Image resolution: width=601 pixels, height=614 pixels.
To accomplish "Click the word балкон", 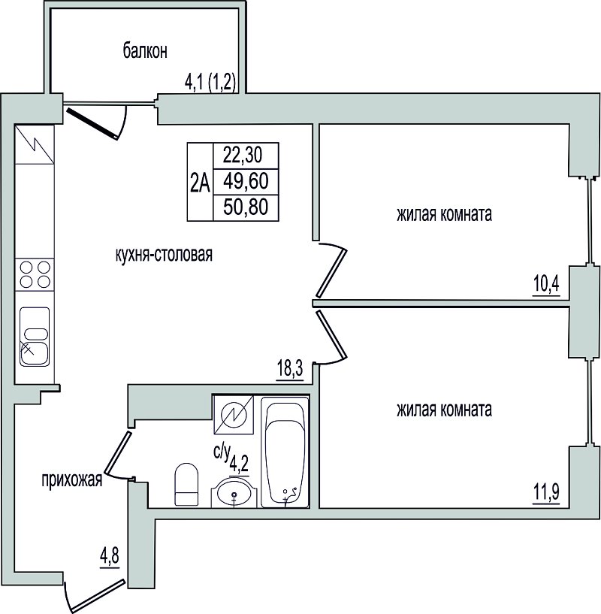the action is pos(145,51).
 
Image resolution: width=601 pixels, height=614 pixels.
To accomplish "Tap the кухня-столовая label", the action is pos(164,255).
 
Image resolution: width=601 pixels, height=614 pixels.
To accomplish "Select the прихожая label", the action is pos(72,479).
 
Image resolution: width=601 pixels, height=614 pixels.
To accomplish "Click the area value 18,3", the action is pos(290,369).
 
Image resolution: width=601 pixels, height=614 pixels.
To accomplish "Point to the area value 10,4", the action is pos(546,284).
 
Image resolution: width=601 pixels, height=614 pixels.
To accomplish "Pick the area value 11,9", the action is pos(546,492).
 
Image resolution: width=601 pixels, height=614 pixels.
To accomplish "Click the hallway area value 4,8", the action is pos(110,555).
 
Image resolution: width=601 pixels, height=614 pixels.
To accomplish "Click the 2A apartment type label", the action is pos(200,183).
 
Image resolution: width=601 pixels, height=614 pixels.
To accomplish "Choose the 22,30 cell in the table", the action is pos(246,155).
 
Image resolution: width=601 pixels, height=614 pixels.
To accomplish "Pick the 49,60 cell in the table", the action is pos(246,181).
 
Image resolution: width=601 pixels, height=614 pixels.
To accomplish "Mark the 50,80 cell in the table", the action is pos(246,207).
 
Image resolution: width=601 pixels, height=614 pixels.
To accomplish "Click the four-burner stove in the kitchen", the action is pos(35,274).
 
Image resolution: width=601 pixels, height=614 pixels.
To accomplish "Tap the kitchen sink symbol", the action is pos(35,337).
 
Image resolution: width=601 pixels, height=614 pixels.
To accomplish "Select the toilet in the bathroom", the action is pos(186,485).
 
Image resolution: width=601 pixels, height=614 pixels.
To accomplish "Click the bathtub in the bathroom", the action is pos(285,452).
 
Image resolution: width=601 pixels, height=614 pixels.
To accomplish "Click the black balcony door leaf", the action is pos(92,124).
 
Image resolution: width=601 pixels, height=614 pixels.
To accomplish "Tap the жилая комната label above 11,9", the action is pos(445,410).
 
